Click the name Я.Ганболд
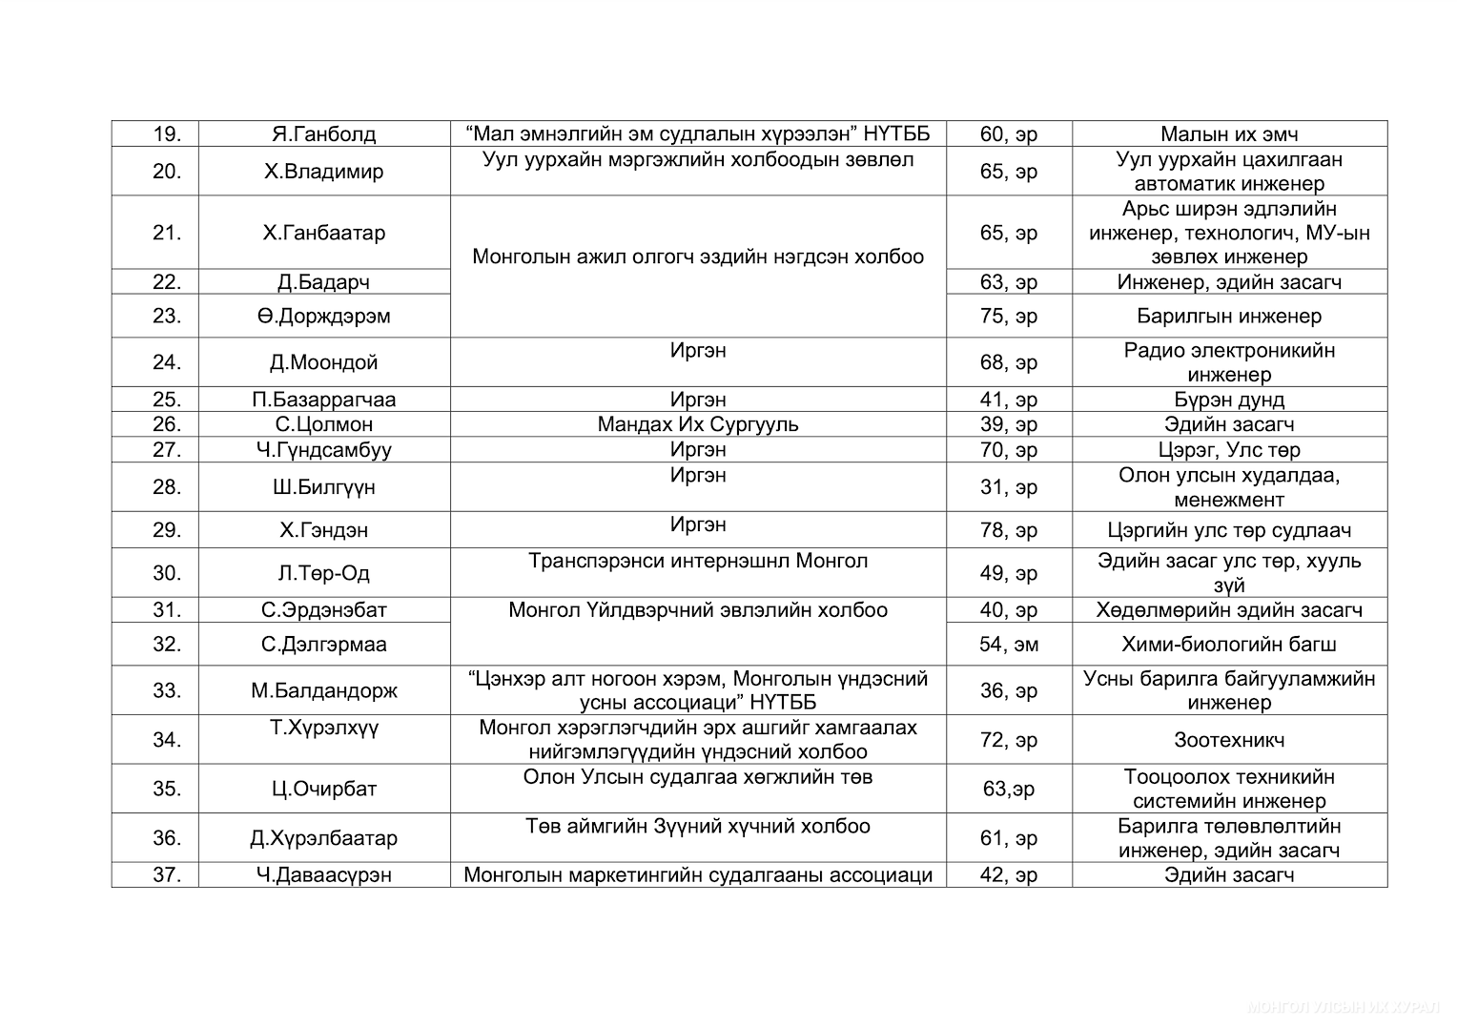pyautogui.click(x=323, y=134)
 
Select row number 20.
pyautogui.click(x=167, y=172)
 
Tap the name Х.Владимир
pyautogui.click(x=323, y=172)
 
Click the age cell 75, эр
pyautogui.click(x=1009, y=317)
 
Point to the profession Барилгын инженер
pyautogui.click(x=1229, y=317)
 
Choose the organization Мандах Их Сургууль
pyautogui.click(x=698, y=424)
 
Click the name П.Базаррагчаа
pyautogui.click(x=323, y=400)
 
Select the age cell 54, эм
pyautogui.click(x=1009, y=645)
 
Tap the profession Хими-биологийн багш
pyautogui.click(x=1229, y=645)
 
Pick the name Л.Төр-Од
pyautogui.click(x=323, y=573)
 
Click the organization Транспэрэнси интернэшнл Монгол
pyautogui.click(x=698, y=561)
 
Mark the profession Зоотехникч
pyautogui.click(x=1229, y=740)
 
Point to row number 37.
pyautogui.click(x=167, y=875)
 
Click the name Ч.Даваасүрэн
pyautogui.click(x=323, y=875)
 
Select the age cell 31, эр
pyautogui.click(x=1009, y=487)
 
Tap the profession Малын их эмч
pyautogui.click(x=1229, y=134)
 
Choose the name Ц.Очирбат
pyautogui.click(x=323, y=790)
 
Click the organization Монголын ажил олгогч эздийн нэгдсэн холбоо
pyautogui.click(x=698, y=257)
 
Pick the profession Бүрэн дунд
pyautogui.click(x=1229, y=400)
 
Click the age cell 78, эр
pyautogui.click(x=1009, y=530)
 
